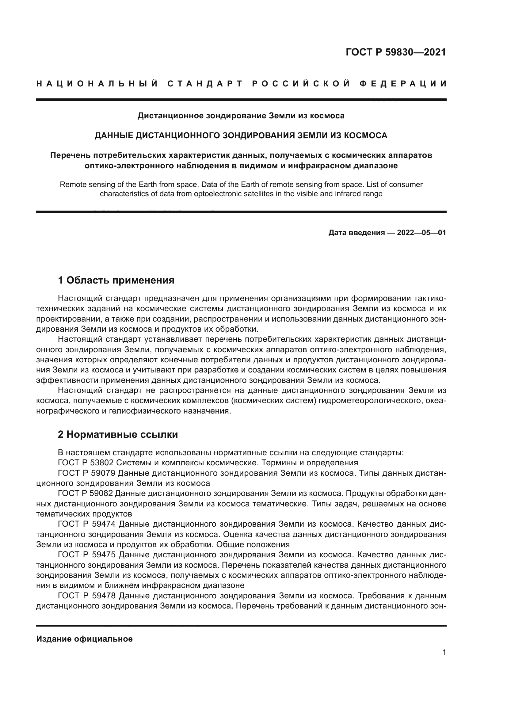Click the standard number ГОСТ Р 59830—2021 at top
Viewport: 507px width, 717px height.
[395, 52]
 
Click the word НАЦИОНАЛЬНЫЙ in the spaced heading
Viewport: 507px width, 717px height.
[97, 84]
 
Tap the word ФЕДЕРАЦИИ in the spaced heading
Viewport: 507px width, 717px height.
[403, 84]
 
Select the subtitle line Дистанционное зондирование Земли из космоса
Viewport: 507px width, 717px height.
[241, 116]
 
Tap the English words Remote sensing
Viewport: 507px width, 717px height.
[82, 185]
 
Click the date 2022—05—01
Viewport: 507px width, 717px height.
[421, 233]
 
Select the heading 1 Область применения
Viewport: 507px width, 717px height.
[116, 280]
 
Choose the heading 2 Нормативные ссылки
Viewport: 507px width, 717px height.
[118, 434]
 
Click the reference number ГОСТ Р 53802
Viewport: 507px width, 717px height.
[86, 463]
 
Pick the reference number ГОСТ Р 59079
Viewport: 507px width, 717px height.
[87, 473]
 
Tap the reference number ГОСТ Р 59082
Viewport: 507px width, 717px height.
[85, 494]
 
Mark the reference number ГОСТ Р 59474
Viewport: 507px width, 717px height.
[87, 524]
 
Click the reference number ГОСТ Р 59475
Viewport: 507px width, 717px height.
[87, 555]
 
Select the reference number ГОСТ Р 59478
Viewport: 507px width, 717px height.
[87, 596]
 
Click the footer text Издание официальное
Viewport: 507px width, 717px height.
[84, 639]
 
